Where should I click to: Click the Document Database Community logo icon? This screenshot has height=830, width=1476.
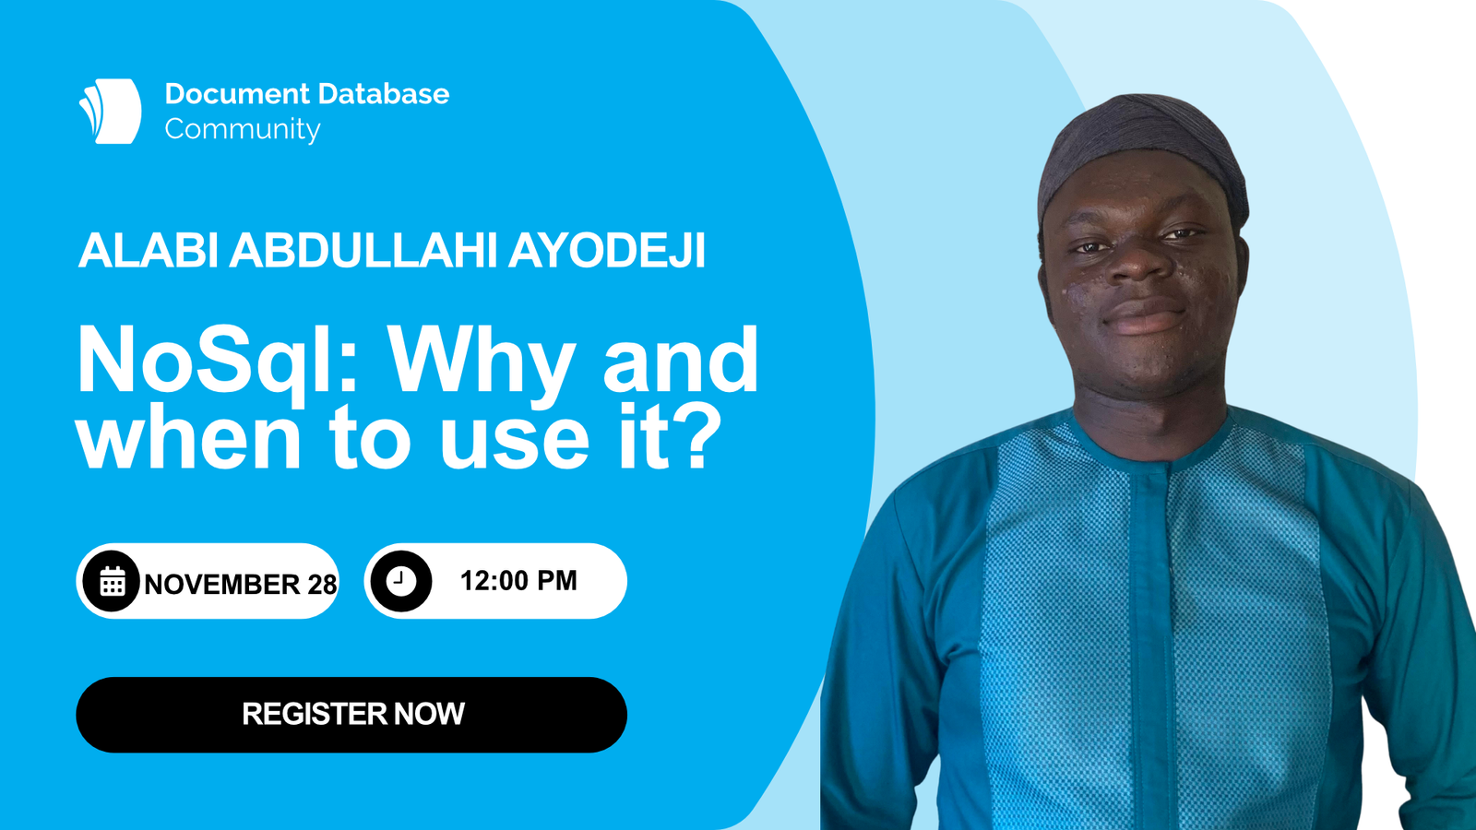coord(110,112)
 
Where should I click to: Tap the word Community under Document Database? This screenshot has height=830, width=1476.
coord(243,130)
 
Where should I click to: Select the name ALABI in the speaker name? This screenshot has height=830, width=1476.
coord(149,250)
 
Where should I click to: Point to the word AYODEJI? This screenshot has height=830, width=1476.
coord(607,250)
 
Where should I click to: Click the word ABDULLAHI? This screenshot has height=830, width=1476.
coord(363,250)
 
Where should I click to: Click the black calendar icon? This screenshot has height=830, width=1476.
coord(112,581)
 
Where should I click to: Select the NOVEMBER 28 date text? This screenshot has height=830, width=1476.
coord(241,585)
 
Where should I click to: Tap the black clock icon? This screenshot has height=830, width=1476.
coord(400,581)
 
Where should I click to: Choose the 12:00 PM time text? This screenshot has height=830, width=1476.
coord(518,581)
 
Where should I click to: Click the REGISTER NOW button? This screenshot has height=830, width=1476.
coord(351,715)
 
